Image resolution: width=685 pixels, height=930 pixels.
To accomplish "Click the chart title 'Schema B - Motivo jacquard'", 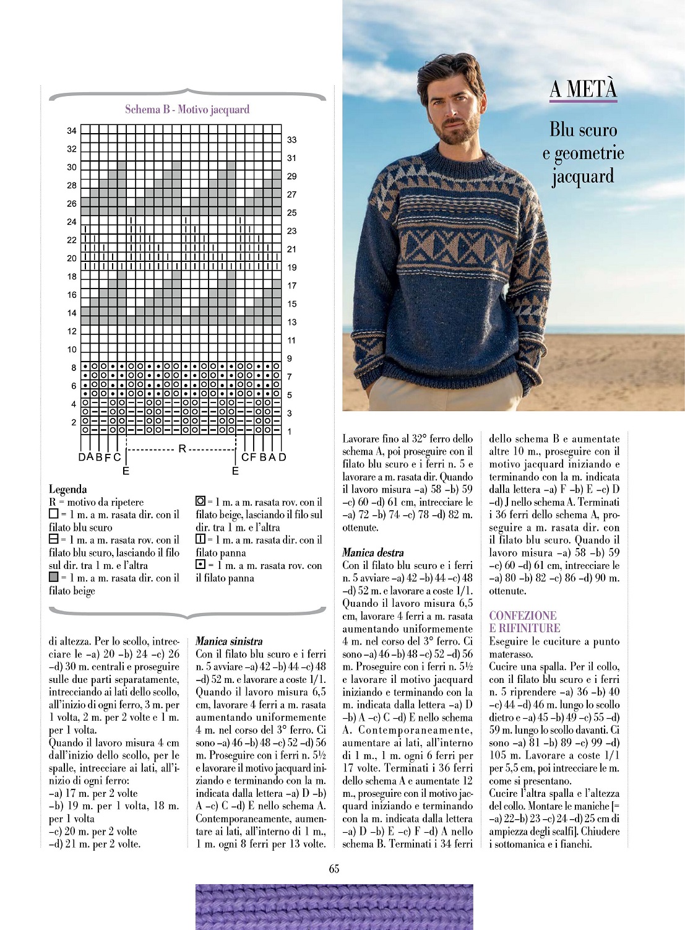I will (x=187, y=110).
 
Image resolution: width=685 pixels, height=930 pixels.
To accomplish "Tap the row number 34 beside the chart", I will (x=72, y=131).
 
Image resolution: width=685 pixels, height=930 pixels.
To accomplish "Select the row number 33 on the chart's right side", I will (x=291, y=140).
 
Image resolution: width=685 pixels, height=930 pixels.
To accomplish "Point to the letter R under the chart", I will (x=182, y=448).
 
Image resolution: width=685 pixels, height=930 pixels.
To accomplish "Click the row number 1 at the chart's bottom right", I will (x=289, y=432).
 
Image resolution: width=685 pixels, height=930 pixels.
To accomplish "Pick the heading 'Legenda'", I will (x=67, y=489).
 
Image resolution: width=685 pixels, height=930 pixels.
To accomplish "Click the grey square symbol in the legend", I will (x=53, y=577).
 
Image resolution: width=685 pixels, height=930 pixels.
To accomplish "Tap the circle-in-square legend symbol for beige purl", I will (x=200, y=501).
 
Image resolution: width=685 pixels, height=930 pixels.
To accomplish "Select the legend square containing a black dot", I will (x=200, y=565).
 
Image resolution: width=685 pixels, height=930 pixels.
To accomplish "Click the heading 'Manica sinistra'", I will (x=229, y=641).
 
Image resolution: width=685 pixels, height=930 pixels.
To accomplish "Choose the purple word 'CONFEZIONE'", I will (x=522, y=615).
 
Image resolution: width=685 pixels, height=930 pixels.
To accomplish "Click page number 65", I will (x=334, y=869).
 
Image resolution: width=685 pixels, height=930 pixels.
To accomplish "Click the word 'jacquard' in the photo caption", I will (x=582, y=176).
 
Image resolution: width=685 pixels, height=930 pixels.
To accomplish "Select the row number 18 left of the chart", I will (x=72, y=277).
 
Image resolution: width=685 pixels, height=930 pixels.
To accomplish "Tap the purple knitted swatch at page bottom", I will (x=334, y=906).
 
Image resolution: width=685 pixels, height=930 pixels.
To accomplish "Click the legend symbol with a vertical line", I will (x=200, y=539).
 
